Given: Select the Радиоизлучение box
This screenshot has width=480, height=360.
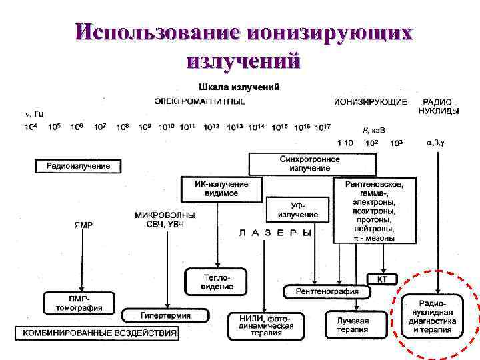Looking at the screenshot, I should (78, 165).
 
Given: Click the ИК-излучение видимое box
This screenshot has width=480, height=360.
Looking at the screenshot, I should (221, 188).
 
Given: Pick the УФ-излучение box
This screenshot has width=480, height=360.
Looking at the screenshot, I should (297, 209).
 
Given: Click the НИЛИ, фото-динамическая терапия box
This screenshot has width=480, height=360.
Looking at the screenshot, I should (265, 326).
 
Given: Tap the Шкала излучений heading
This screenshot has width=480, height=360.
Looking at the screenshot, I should (239, 87).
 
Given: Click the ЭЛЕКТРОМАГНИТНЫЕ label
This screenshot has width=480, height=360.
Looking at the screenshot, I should (200, 101).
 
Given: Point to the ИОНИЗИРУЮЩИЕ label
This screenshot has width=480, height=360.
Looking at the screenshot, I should (371, 101).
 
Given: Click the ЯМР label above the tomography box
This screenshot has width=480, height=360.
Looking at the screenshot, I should (83, 225).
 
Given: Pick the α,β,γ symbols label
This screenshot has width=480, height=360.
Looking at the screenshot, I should (436, 143).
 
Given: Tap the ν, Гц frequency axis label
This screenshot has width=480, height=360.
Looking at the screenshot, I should (35, 114).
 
